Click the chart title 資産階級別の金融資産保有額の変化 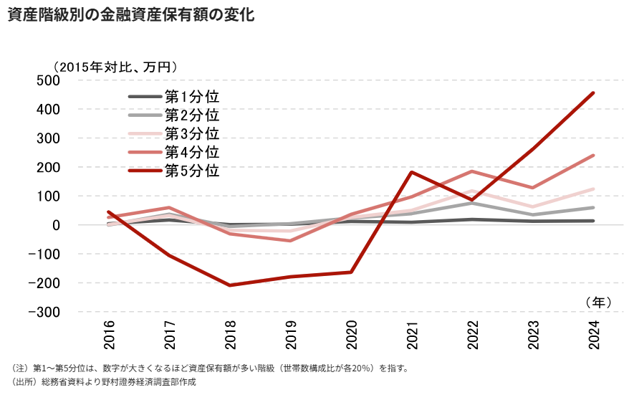click(x=131, y=14)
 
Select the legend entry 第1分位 click(x=174, y=97)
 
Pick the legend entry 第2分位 click(x=174, y=115)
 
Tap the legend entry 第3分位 click(x=174, y=133)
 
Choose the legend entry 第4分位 click(x=174, y=152)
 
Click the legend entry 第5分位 click(x=174, y=171)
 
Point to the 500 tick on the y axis click(x=48, y=80)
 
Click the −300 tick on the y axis click(x=44, y=312)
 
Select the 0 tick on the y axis click(x=56, y=225)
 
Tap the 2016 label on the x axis click(x=109, y=335)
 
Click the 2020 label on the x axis click(x=352, y=335)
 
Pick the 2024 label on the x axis click(x=594, y=335)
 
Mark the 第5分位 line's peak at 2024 click(x=593, y=93)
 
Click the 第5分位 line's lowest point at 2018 click(x=230, y=285)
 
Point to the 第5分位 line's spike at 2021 click(x=412, y=172)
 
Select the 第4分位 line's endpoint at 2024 click(x=593, y=156)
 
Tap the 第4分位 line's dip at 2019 click(x=290, y=241)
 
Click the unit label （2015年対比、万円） click(x=115, y=67)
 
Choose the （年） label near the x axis click(x=598, y=303)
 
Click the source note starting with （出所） click(x=104, y=382)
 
